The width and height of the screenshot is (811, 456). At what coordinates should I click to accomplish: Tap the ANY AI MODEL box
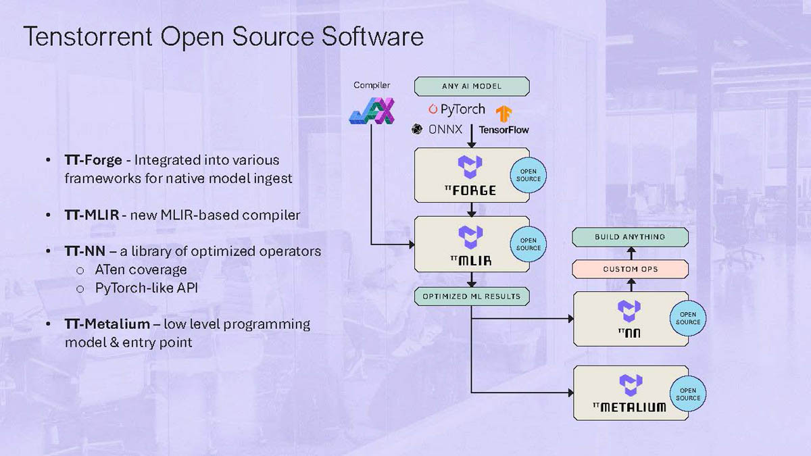[x=472, y=86]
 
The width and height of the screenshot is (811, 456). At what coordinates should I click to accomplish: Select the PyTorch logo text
[x=463, y=109]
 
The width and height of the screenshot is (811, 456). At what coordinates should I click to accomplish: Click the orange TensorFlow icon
[x=503, y=113]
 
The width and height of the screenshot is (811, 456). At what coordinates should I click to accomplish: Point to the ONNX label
[x=445, y=129]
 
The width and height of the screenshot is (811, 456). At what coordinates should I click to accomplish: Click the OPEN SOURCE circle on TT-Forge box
[x=528, y=174]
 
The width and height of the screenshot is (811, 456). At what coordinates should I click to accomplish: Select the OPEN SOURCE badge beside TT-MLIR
[x=528, y=244]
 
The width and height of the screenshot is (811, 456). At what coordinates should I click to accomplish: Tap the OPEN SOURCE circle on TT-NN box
[x=687, y=318]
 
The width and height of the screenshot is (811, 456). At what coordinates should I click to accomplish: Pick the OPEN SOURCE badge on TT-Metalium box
[x=687, y=394]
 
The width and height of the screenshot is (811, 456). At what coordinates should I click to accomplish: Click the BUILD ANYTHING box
[x=630, y=237]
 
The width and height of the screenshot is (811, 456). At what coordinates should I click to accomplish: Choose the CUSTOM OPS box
[x=630, y=269]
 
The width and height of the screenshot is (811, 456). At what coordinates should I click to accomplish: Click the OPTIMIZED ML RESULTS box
[x=472, y=297]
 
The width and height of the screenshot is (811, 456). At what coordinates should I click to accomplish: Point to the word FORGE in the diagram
[x=474, y=191]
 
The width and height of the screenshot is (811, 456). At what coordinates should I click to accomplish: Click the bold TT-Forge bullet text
[x=93, y=160]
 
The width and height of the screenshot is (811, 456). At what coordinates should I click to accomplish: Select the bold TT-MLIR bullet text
[x=92, y=215]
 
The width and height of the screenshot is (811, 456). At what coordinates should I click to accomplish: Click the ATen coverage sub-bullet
[x=141, y=270]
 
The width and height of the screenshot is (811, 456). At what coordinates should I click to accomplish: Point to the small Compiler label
[x=372, y=85]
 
